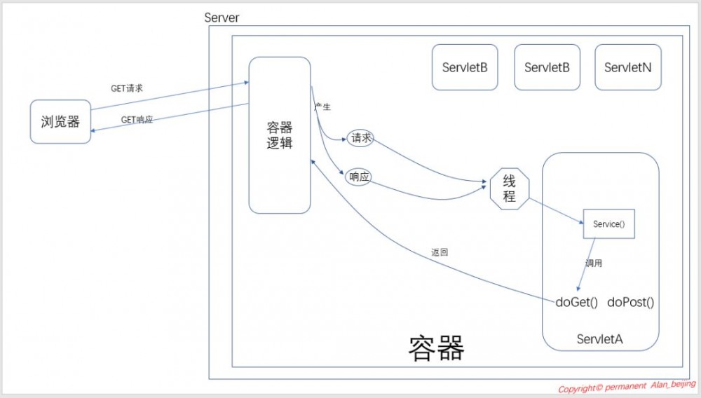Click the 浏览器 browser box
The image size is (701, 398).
tap(60, 122)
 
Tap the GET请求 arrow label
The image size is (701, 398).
tap(127, 89)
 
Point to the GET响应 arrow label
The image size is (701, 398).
tap(137, 120)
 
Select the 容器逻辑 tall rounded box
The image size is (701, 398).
tap(280, 135)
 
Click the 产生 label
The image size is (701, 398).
tap(322, 107)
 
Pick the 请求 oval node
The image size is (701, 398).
tap(360, 139)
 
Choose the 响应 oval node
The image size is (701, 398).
tap(358, 177)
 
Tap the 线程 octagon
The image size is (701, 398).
tap(510, 188)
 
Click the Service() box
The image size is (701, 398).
tap(608, 224)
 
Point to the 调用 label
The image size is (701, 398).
tap(594, 263)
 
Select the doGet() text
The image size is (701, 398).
tap(576, 303)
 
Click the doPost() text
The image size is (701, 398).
tap(630, 303)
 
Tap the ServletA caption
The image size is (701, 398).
tap(599, 339)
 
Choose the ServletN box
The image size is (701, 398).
tap(627, 67)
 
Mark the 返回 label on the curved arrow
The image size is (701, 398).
tap(440, 252)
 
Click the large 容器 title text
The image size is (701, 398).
tap(436, 347)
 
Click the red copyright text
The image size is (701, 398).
tap(627, 387)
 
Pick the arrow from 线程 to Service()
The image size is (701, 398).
tap(557, 212)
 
